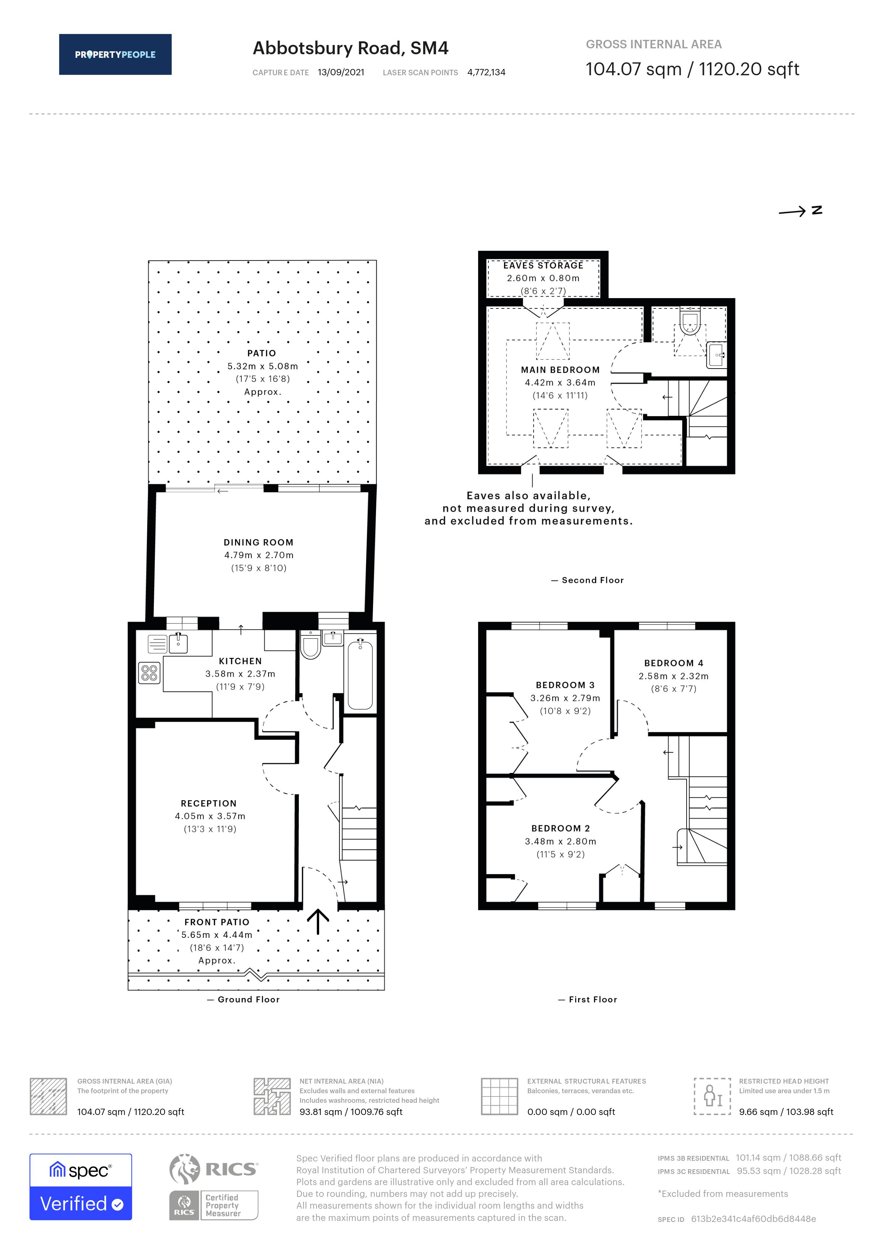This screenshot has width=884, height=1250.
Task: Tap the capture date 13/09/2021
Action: click(x=341, y=72)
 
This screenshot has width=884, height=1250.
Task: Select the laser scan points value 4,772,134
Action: click(x=486, y=72)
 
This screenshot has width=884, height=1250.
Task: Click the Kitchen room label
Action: click(x=240, y=661)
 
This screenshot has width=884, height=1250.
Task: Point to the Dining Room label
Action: click(x=259, y=542)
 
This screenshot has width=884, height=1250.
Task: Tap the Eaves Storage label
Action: click(x=543, y=265)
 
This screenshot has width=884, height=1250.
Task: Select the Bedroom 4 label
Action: click(x=674, y=663)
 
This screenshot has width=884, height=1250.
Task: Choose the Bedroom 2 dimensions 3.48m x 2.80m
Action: click(x=561, y=841)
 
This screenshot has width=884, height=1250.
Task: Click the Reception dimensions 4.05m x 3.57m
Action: click(x=210, y=816)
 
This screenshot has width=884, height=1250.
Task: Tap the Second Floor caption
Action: click(x=588, y=580)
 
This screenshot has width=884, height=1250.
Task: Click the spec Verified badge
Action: click(x=80, y=1187)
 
